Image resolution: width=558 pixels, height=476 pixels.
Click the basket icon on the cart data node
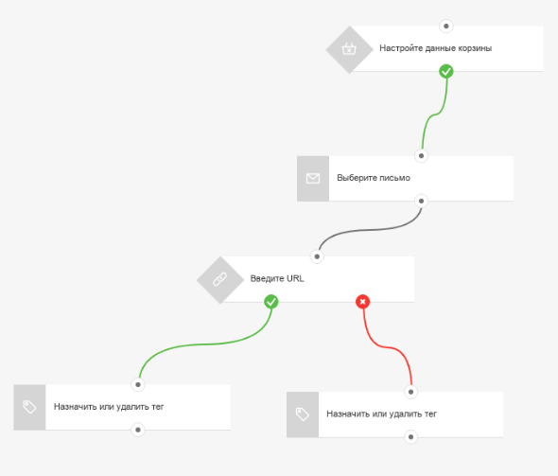349,48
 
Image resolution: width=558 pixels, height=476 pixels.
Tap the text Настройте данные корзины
436,48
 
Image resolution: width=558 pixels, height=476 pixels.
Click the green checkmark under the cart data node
445,71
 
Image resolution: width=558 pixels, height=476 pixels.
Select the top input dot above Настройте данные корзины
445,26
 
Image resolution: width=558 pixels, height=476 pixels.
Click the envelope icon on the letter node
313,178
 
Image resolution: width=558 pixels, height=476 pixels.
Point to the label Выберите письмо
374,178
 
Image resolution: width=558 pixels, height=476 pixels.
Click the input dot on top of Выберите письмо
422,155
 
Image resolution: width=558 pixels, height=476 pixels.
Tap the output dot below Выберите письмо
422,202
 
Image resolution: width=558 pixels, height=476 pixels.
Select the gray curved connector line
370,230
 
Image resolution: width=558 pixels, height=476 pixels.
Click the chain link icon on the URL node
220,279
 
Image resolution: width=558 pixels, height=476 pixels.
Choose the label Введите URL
277,278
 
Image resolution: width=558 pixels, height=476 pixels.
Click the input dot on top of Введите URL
317,256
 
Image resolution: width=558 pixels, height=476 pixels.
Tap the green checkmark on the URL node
271,302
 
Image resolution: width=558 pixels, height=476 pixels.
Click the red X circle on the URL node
362,302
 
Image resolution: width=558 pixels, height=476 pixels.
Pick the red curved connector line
388,347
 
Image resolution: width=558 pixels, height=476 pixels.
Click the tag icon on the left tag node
29,407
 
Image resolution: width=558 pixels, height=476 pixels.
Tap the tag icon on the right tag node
302,414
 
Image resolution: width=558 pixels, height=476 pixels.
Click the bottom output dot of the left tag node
138,430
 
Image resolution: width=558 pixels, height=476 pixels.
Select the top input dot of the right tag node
410,392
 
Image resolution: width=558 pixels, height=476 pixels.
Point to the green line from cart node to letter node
434,115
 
